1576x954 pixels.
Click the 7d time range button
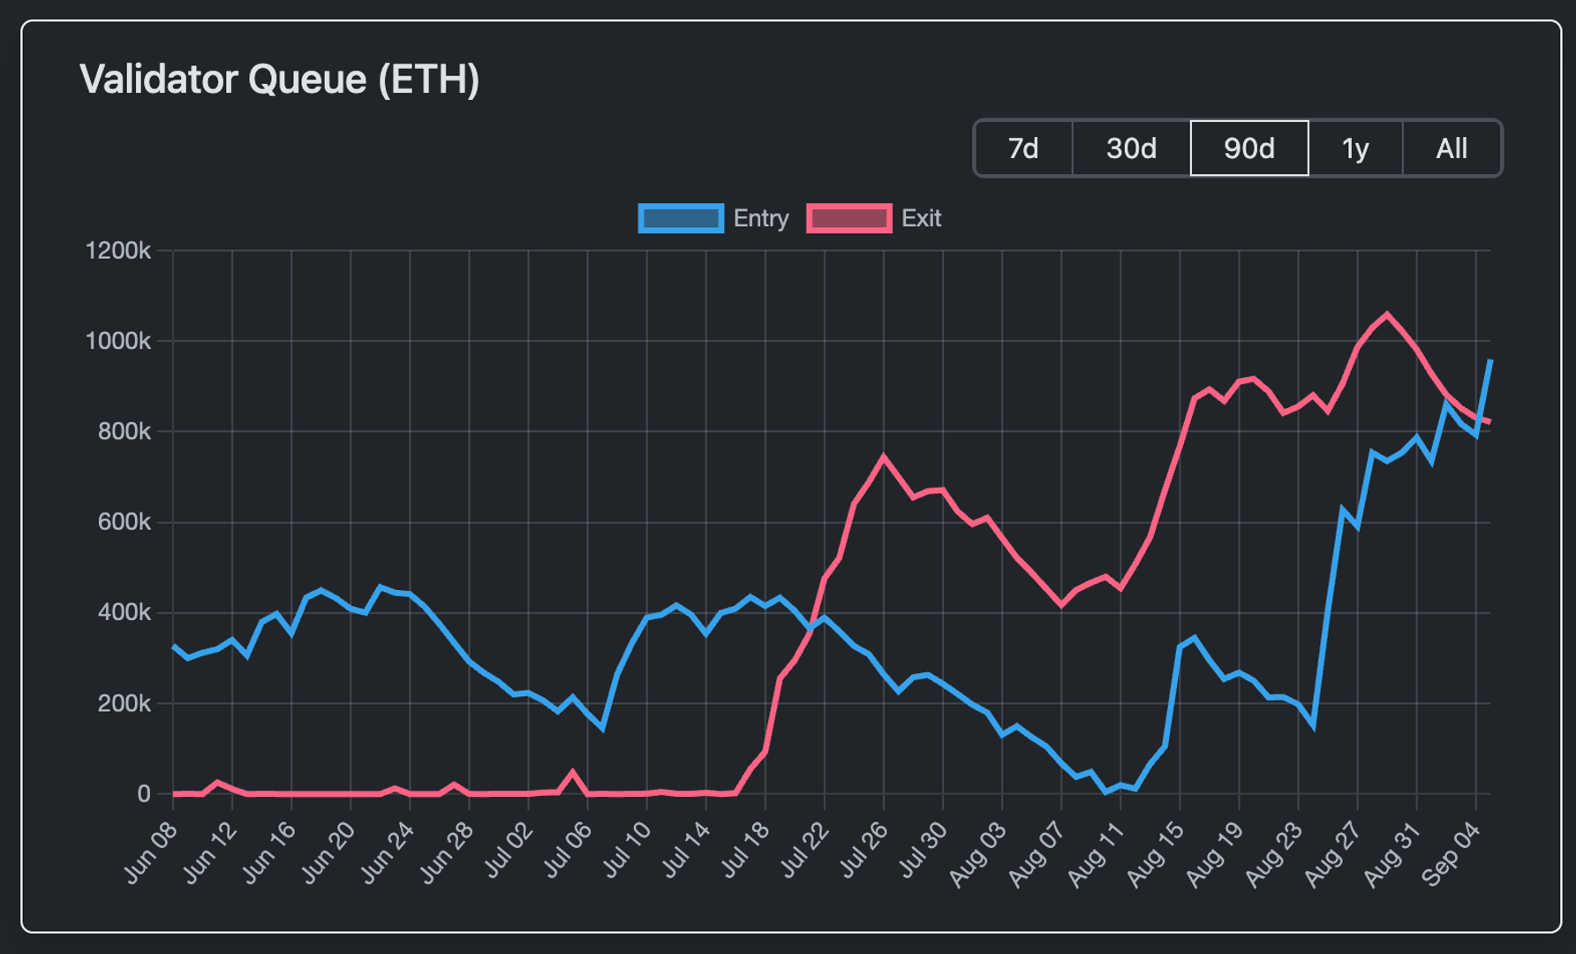(x=1023, y=148)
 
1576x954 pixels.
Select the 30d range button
(x=1131, y=148)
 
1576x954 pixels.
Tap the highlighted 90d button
(x=1248, y=148)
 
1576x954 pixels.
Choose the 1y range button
(x=1355, y=148)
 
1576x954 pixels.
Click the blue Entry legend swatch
(x=681, y=218)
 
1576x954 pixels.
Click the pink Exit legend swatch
(x=848, y=218)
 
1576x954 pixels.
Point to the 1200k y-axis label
(x=118, y=251)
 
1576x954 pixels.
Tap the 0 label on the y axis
(x=143, y=794)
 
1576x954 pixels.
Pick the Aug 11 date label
(x=1096, y=854)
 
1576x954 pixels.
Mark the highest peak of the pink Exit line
(x=1387, y=314)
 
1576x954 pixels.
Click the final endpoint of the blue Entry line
(x=1490, y=360)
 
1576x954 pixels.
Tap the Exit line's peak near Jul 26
(x=884, y=457)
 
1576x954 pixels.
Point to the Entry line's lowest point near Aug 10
(x=1105, y=791)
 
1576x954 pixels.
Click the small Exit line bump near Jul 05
(x=573, y=773)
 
